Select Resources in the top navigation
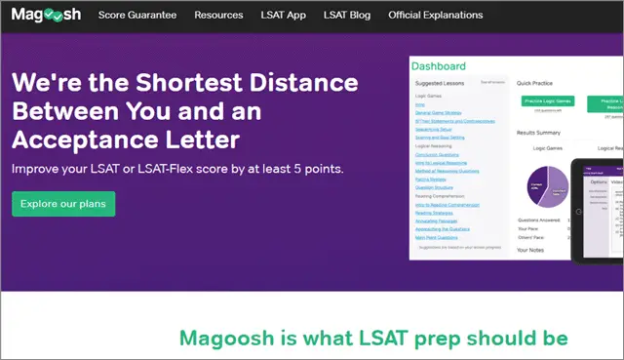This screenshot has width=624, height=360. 218,16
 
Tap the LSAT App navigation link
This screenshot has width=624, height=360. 283,16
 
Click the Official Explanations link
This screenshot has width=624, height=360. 435,16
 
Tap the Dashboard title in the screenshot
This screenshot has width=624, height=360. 439,66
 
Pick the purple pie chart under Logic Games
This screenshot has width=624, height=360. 544,184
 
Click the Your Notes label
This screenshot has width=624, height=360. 531,251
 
